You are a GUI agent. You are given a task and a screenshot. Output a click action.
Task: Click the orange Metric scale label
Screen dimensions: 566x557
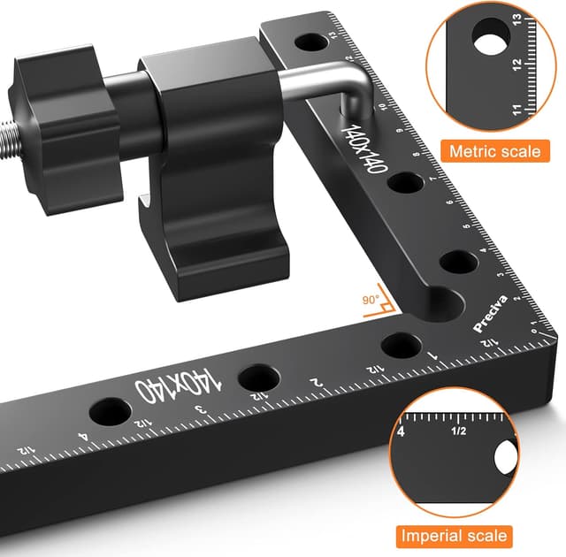(495, 151)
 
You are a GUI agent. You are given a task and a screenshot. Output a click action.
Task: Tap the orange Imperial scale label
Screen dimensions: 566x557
(454, 536)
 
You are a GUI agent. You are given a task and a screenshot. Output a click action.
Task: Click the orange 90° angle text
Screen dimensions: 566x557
(371, 300)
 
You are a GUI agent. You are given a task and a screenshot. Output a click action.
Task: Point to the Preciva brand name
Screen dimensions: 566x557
(490, 313)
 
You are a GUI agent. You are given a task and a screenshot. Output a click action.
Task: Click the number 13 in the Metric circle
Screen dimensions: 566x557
(516, 19)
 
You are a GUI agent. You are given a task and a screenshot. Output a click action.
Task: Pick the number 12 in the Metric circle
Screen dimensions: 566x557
(516, 65)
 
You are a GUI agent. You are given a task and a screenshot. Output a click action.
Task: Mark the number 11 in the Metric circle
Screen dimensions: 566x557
(516, 110)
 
